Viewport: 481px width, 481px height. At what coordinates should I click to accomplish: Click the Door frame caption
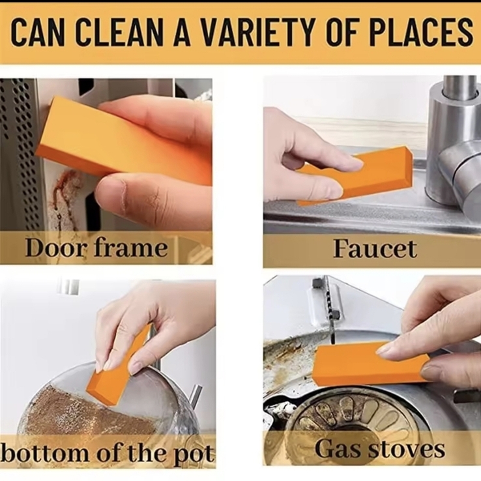(x=96, y=247)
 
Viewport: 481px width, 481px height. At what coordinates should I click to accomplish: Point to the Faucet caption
(x=375, y=248)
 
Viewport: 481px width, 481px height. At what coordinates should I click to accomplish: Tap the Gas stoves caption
(x=380, y=449)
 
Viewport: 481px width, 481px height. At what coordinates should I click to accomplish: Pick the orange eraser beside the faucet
(x=356, y=177)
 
